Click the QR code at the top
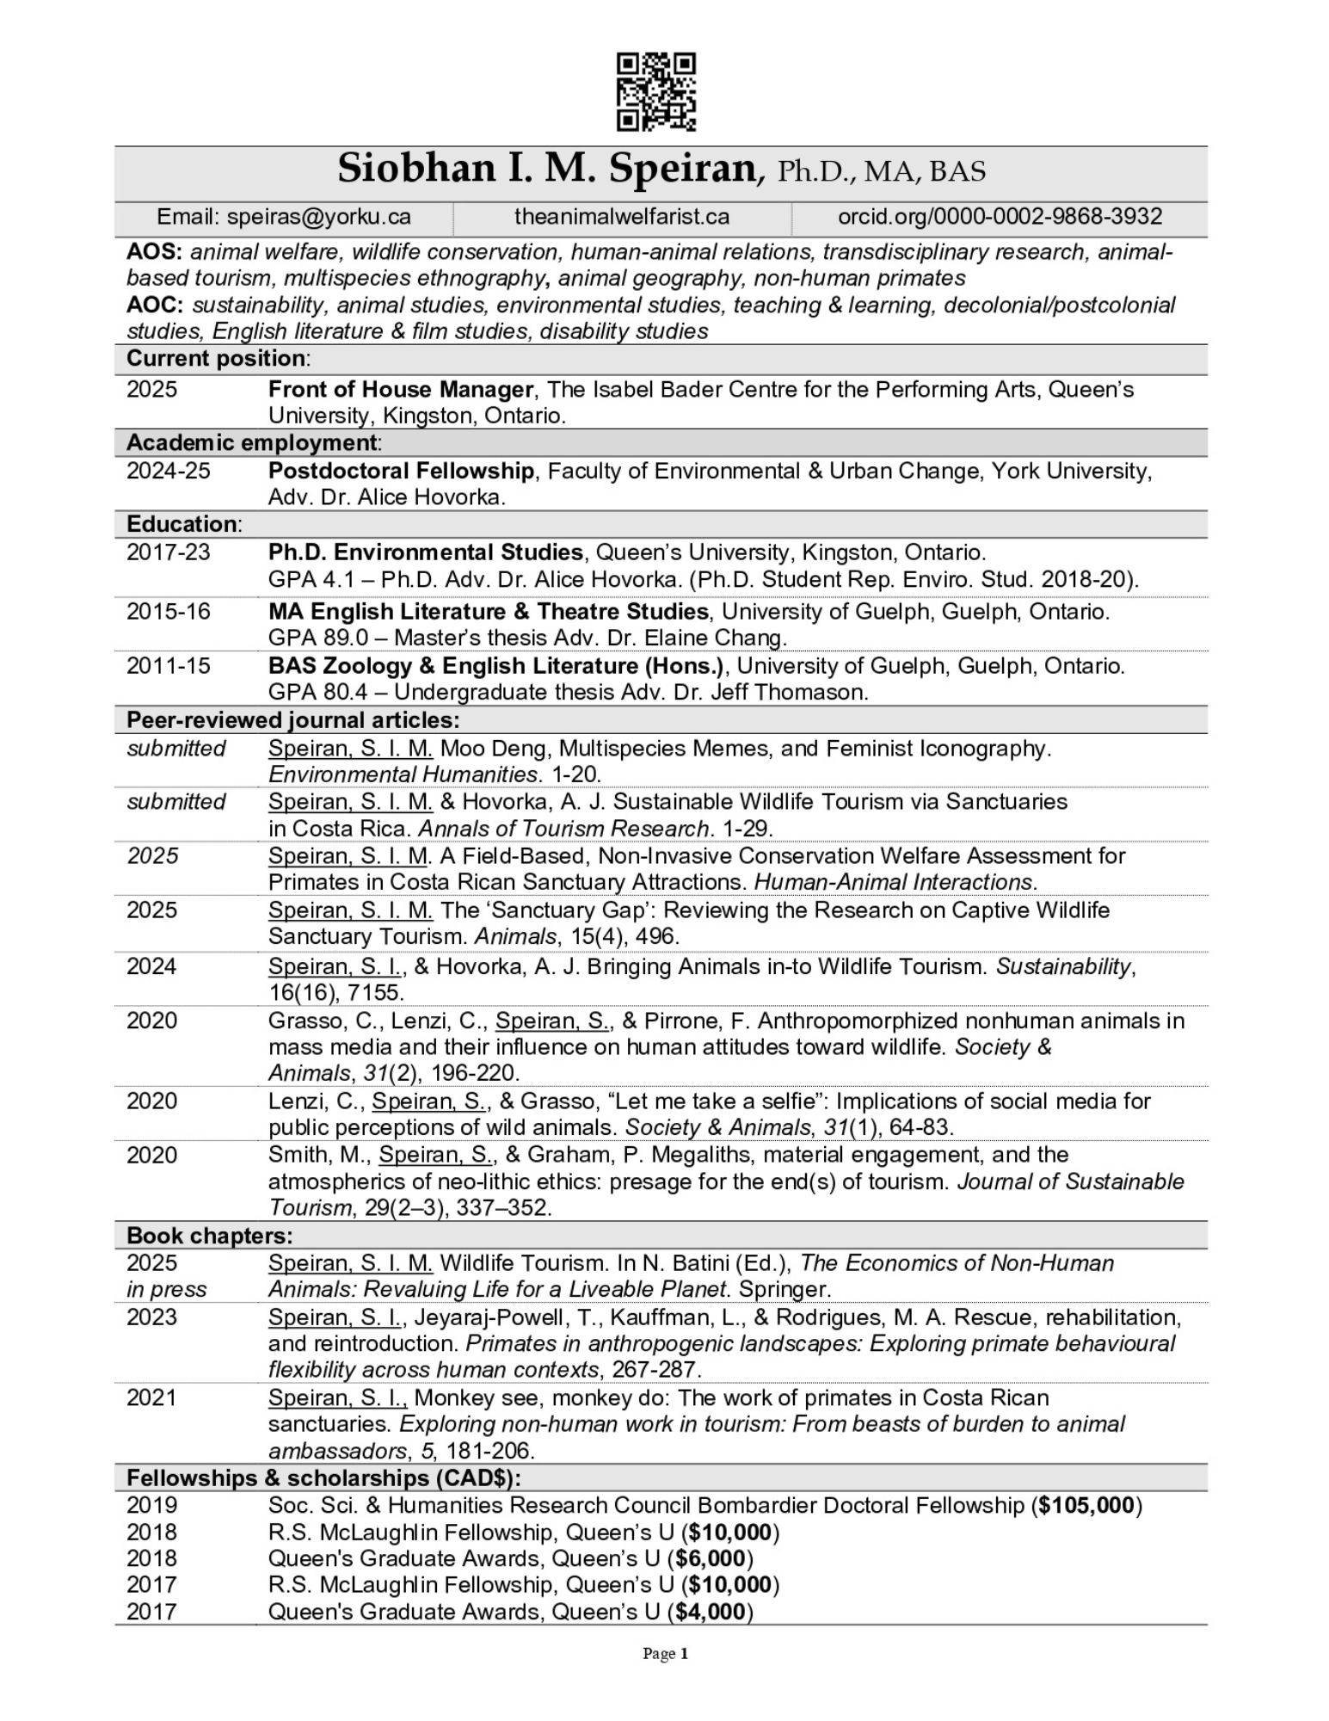(656, 92)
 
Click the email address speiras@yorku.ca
(318, 217)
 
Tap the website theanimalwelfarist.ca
(622, 217)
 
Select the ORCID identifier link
(1000, 217)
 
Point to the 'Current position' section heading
(215, 358)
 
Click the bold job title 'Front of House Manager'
(400, 390)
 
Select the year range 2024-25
(168, 471)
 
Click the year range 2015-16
(168, 612)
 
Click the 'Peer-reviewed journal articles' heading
(292, 719)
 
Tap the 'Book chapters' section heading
(209, 1236)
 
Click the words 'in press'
(167, 1289)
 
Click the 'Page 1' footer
(665, 1654)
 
